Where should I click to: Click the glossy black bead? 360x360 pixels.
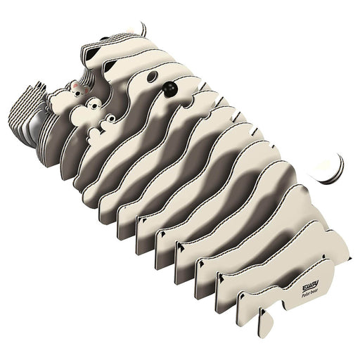(x=169, y=89)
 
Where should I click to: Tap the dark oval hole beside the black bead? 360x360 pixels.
(x=153, y=76)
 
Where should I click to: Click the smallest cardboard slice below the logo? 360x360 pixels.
(x=264, y=321)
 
